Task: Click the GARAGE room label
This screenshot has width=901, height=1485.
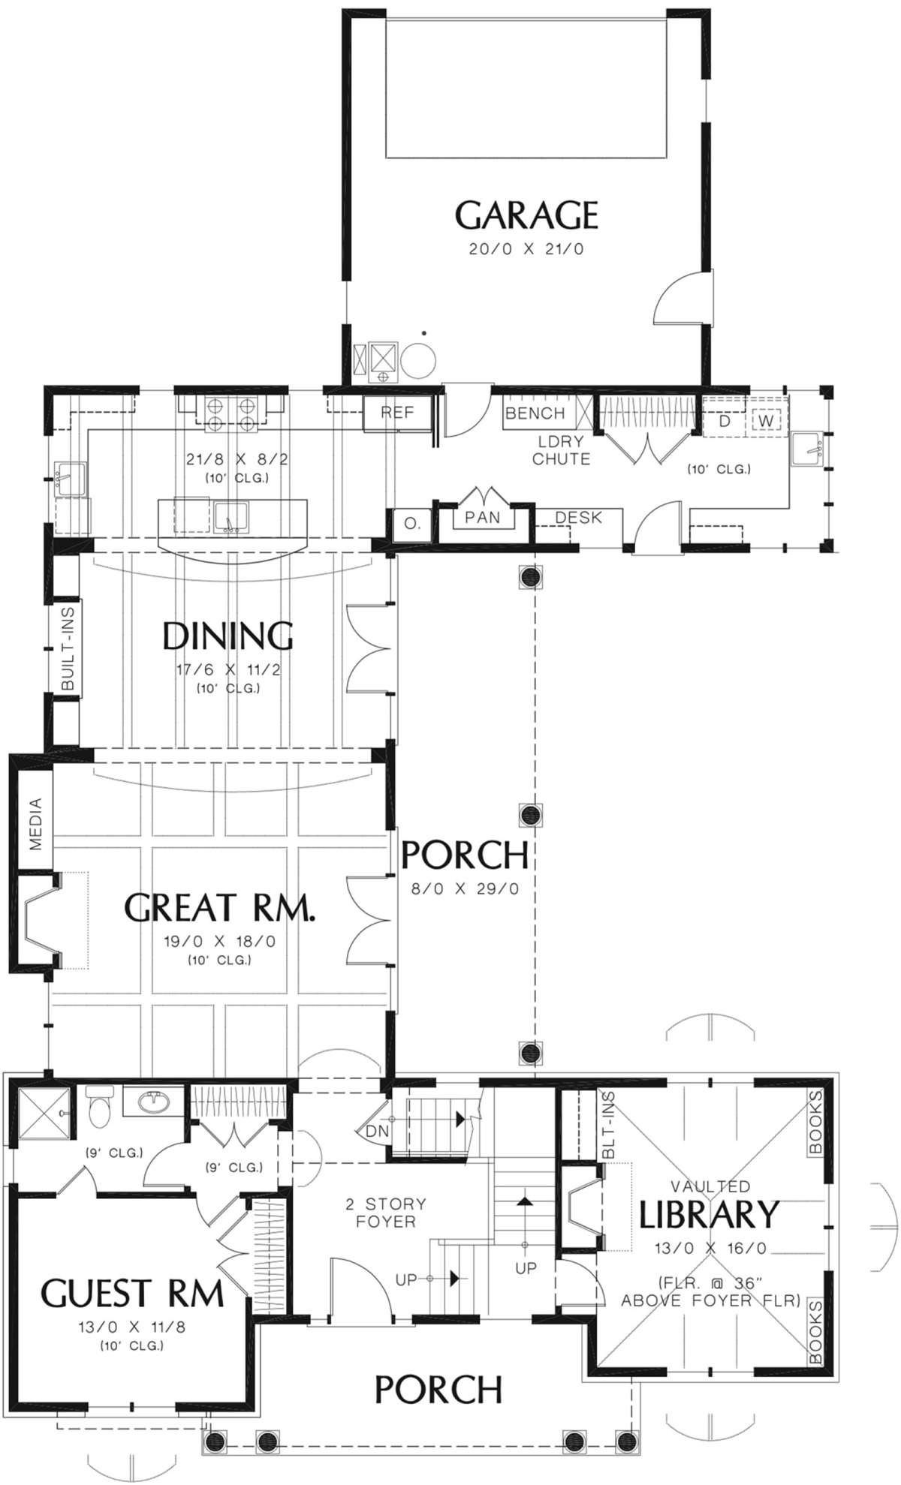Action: tap(526, 215)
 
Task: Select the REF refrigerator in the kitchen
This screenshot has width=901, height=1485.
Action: tap(397, 413)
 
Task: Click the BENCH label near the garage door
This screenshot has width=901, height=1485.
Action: tap(535, 413)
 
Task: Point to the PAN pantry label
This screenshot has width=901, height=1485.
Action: tap(482, 517)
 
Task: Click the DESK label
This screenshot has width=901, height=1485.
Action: tap(578, 517)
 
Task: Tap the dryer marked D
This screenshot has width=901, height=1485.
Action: tap(724, 421)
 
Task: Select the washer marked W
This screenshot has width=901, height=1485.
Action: tap(765, 420)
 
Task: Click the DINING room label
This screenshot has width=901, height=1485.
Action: tap(228, 636)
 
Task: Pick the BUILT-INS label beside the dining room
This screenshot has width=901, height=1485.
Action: tap(68, 649)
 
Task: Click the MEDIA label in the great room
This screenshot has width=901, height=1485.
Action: tap(36, 824)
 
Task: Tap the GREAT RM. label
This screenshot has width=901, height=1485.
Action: tap(219, 907)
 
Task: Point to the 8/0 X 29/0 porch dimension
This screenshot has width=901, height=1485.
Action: tap(465, 889)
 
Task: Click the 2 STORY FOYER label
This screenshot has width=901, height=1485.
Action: tap(385, 1213)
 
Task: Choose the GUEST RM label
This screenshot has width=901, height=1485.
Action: tap(132, 1294)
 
